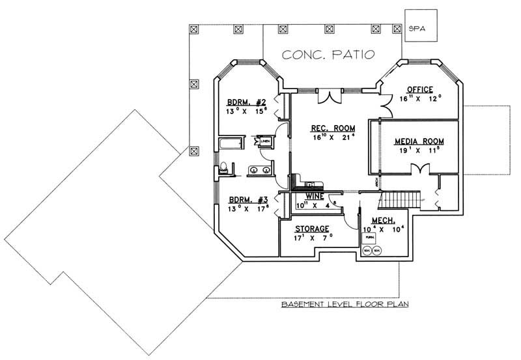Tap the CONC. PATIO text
tap(328, 55)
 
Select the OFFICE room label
tap(420, 89)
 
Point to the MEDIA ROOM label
tap(419, 141)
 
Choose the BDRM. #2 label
tap(246, 102)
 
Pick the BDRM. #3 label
tap(246, 201)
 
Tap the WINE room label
tap(315, 195)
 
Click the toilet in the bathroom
tap(223, 167)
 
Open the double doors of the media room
tap(421, 169)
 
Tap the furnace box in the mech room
tap(368, 239)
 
